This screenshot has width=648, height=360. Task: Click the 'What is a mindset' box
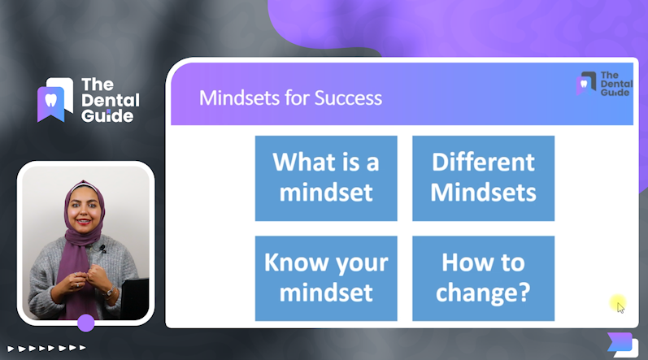pyautogui.click(x=326, y=178)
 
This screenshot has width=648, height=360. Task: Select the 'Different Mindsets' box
pyautogui.click(x=484, y=178)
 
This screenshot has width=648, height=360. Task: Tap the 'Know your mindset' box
pyautogui.click(x=326, y=278)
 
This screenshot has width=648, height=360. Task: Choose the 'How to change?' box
pyautogui.click(x=484, y=278)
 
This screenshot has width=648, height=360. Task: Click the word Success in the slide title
pyautogui.click(x=348, y=98)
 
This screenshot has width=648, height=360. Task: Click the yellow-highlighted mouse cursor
pyautogui.click(x=619, y=305)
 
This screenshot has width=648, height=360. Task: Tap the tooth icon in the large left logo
pyautogui.click(x=51, y=100)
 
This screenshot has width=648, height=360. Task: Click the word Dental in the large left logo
pyautogui.click(x=111, y=100)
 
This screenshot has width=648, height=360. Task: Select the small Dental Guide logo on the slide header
pyautogui.click(x=604, y=84)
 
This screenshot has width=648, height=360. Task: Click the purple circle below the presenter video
pyautogui.click(x=86, y=323)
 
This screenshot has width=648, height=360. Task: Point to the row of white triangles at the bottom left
pyautogui.click(x=46, y=348)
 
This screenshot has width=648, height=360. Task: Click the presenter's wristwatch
pyautogui.click(x=109, y=293)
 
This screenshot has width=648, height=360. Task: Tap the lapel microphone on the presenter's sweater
pyautogui.click(x=102, y=249)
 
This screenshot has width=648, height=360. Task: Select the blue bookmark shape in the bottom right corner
pyautogui.click(x=620, y=342)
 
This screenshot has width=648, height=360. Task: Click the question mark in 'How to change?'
pyautogui.click(x=524, y=293)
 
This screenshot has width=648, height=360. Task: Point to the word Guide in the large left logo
pyautogui.click(x=107, y=116)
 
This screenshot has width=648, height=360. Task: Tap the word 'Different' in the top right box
pyautogui.click(x=484, y=162)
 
